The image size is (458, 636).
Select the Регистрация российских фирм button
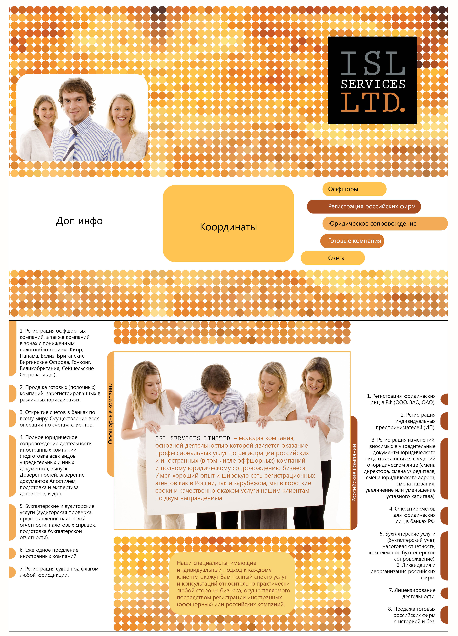[364, 206]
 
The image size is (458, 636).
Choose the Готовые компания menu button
[352, 241]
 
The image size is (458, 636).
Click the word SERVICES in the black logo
[373, 84]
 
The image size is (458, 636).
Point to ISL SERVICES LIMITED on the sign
[193, 438]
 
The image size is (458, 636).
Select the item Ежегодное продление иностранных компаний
[49, 553]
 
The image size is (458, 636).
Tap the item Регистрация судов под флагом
[59, 572]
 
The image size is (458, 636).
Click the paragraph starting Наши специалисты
[233, 584]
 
